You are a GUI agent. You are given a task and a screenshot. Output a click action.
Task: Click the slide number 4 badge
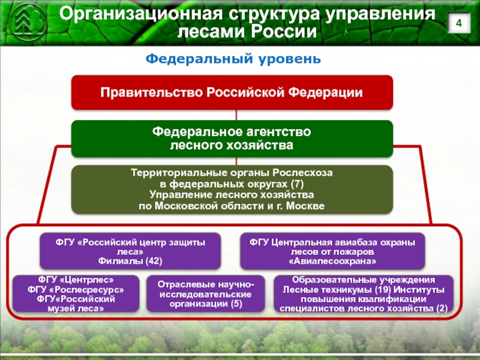point(459,24)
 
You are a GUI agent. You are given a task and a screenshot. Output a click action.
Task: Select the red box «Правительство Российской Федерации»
point(232,92)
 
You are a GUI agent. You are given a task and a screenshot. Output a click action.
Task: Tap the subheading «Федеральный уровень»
point(234,59)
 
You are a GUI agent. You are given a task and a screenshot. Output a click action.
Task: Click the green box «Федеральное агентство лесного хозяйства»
point(232,138)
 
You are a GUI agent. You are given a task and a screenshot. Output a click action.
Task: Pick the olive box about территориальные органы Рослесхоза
point(232,190)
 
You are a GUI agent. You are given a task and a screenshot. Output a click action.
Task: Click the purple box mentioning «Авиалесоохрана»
point(332,251)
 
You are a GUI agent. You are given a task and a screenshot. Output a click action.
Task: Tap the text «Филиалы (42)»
point(130,262)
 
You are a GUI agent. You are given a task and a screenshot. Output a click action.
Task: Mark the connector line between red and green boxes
point(236,115)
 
